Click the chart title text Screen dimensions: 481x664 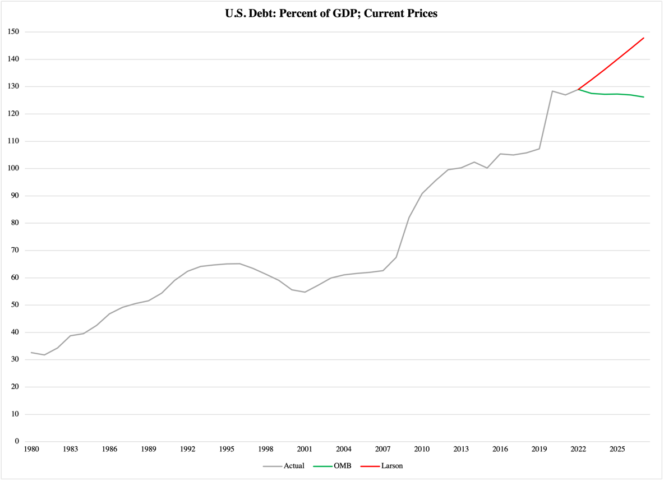pos(331,14)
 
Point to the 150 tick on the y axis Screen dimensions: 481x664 pos(13,32)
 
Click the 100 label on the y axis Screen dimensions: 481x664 pos(13,168)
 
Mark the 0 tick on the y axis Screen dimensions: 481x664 pos(17,441)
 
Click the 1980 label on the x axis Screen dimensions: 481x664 pos(31,449)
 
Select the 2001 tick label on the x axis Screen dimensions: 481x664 pos(305,449)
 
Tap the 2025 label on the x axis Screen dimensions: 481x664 pos(617,449)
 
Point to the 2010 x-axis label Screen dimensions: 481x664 pos(422,449)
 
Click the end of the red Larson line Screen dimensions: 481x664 pos(643,38)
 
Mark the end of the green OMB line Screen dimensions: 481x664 pos(643,97)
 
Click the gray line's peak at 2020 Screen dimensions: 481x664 pos(552,91)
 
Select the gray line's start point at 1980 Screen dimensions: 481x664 pos(31,353)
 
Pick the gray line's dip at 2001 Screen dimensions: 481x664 pos(305,292)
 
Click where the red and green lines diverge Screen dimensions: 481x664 pos(578,89)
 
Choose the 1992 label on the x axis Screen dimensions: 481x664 pos(187,449)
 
